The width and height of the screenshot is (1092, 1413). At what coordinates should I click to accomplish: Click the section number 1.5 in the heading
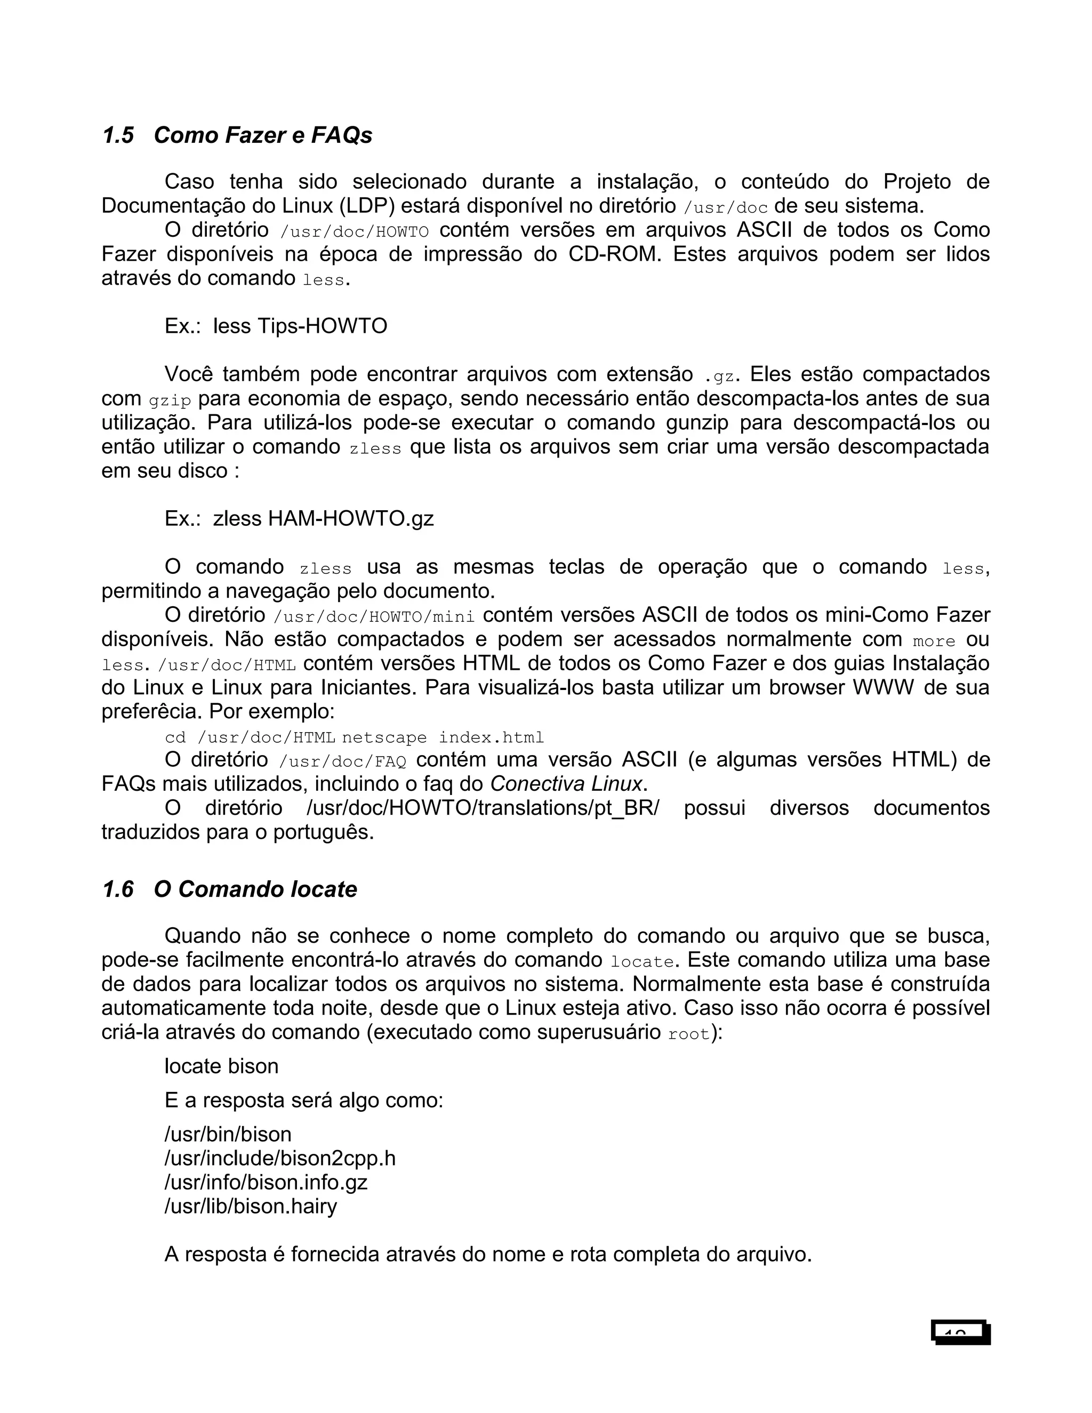[118, 135]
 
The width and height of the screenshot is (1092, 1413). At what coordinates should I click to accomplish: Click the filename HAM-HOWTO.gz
[351, 518]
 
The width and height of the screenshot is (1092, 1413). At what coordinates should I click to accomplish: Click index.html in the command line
[491, 737]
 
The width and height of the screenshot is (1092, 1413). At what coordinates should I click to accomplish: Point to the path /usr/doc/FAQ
[343, 761]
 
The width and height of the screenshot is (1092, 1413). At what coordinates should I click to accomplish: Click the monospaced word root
[689, 1034]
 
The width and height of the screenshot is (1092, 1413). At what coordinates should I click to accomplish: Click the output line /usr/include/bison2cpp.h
[279, 1158]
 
